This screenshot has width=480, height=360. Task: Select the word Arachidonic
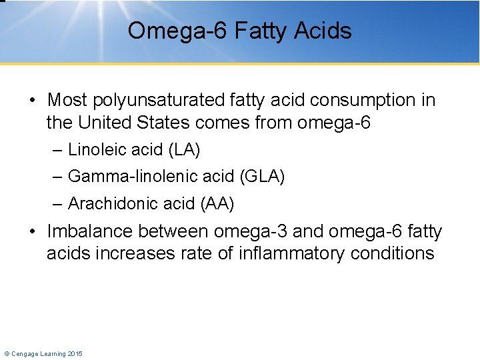[x=107, y=203]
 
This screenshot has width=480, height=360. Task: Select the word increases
[x=132, y=253]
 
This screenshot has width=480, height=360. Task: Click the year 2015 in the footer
[x=75, y=353]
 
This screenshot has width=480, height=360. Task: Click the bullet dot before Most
[x=33, y=101]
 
